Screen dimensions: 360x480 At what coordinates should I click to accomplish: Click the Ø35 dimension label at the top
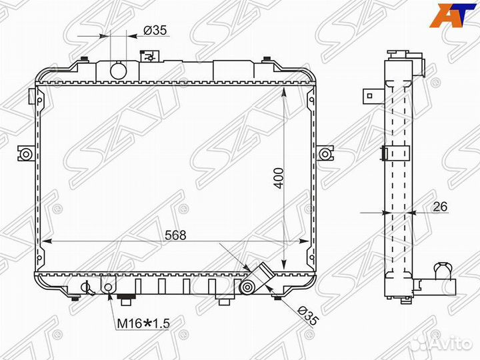point(155,30)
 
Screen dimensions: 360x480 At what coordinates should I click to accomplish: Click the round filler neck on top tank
point(118,70)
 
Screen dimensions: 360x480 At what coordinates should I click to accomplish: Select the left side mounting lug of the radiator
point(25,155)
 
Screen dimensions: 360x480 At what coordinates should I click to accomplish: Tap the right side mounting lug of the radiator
point(325,155)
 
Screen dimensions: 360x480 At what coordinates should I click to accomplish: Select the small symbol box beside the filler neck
point(147,57)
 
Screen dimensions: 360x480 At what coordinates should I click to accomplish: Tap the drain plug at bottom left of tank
point(85,288)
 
